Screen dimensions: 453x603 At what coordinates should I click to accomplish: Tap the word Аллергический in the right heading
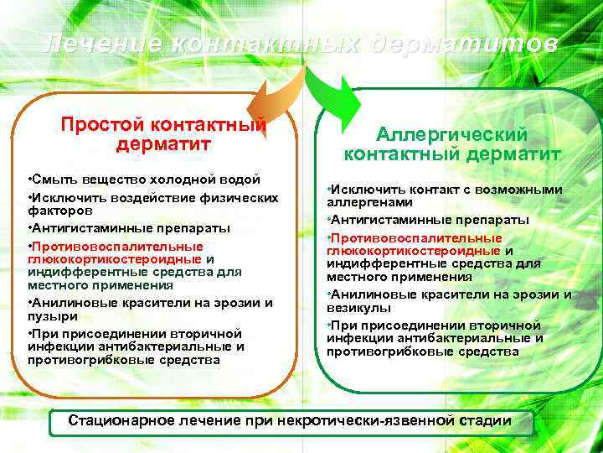pos(451,134)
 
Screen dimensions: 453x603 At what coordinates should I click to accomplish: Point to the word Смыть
pos(53,180)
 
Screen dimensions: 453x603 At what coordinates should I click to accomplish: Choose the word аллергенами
pos(364,202)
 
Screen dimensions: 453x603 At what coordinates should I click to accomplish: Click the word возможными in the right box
pos(521,190)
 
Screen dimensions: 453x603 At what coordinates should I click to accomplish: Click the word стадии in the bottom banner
pos(485,419)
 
